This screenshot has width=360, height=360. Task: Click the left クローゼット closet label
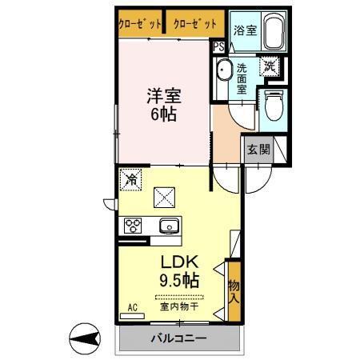[141, 24]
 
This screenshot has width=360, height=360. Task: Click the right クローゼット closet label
[195, 24]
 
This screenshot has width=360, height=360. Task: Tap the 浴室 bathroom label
[245, 30]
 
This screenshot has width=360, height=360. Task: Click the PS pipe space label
[218, 47]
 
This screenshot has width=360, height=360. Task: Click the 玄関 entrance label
[258, 149]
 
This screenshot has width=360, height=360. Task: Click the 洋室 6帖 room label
[164, 104]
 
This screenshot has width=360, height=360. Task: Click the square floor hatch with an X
[166, 195]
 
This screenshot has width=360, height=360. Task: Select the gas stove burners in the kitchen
[133, 226]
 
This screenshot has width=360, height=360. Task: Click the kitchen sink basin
[169, 226]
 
